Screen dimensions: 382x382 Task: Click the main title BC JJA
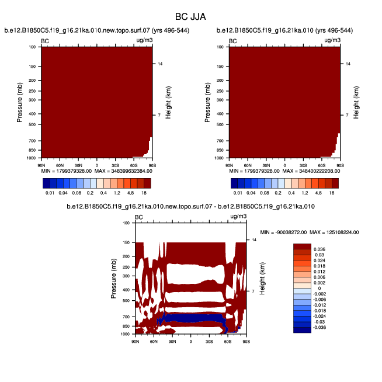tap(191, 17)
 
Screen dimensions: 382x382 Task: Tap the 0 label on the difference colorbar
tap(318, 288)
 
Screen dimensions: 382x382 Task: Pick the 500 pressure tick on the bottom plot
tap(125, 300)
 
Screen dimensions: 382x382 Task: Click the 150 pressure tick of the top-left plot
tap(33, 67)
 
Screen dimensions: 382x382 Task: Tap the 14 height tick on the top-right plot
tap(348, 63)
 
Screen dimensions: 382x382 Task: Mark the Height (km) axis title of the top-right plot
tap(356, 102)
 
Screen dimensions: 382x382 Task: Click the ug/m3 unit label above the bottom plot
tap(238, 217)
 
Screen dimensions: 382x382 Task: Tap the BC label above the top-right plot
tap(233, 41)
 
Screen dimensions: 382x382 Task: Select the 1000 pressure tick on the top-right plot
tap(221, 158)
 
